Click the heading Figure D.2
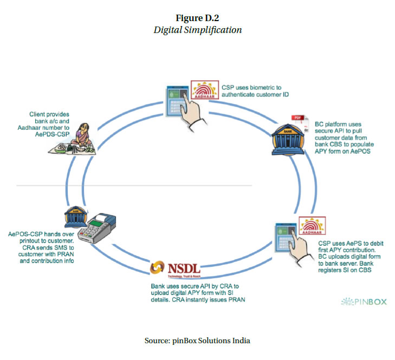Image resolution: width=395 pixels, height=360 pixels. click(x=197, y=18)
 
